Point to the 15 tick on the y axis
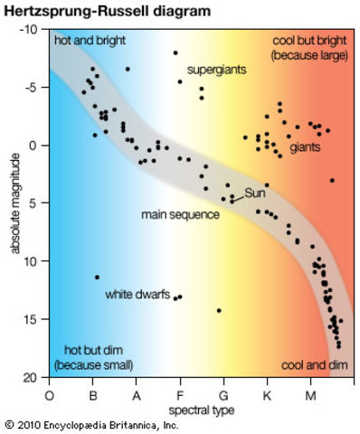pyautogui.click(x=32, y=319)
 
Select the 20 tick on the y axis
pyautogui.click(x=32, y=377)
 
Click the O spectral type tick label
pyautogui.click(x=49, y=395)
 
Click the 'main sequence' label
pyautogui.click(x=180, y=215)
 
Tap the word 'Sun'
pyautogui.click(x=255, y=193)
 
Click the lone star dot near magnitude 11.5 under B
pyautogui.click(x=97, y=277)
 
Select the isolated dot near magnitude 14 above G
pyautogui.click(x=219, y=310)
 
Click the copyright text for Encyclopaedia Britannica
pyautogui.click(x=92, y=424)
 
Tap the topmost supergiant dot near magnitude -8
pyautogui.click(x=175, y=52)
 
